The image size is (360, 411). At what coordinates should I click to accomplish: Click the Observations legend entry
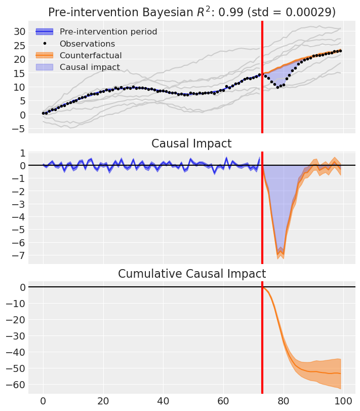pyautogui.click(x=87, y=44)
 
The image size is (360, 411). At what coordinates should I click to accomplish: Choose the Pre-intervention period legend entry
pyautogui.click(x=108, y=32)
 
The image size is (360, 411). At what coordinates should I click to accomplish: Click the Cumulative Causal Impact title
pyautogui.click(x=192, y=274)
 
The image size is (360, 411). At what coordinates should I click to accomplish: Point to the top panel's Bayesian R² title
pyautogui.click(x=192, y=12)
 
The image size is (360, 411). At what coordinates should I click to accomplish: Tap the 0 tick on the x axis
pyautogui.click(x=43, y=401)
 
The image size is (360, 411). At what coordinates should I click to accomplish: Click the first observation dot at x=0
pyautogui.click(x=43, y=113)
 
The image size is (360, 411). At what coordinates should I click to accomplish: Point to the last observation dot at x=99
pyautogui.click(x=340, y=51)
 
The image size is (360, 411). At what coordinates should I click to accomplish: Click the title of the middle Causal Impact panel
pyautogui.click(x=192, y=143)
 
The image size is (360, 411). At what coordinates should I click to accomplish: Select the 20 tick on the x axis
pyautogui.click(x=103, y=401)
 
